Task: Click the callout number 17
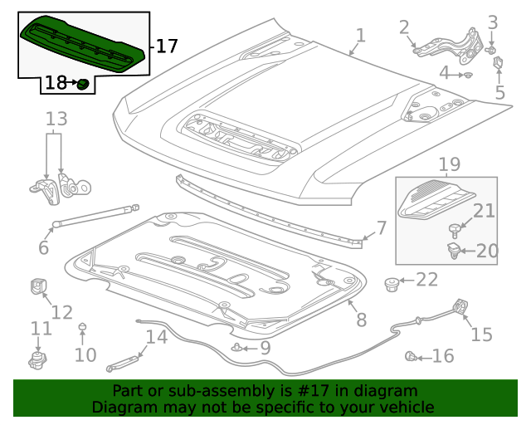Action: click(167, 46)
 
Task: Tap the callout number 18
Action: click(56, 82)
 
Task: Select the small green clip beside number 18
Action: click(83, 83)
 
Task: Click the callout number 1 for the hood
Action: click(360, 36)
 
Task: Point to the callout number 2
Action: click(404, 27)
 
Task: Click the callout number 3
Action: click(492, 22)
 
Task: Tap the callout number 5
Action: click(499, 93)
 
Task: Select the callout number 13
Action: click(56, 120)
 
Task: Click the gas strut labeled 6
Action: click(95, 216)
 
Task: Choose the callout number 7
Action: click(381, 227)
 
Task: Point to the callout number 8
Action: click(361, 319)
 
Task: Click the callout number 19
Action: click(449, 165)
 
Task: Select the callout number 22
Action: click(426, 280)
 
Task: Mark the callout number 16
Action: click(442, 356)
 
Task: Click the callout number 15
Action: click(481, 335)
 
